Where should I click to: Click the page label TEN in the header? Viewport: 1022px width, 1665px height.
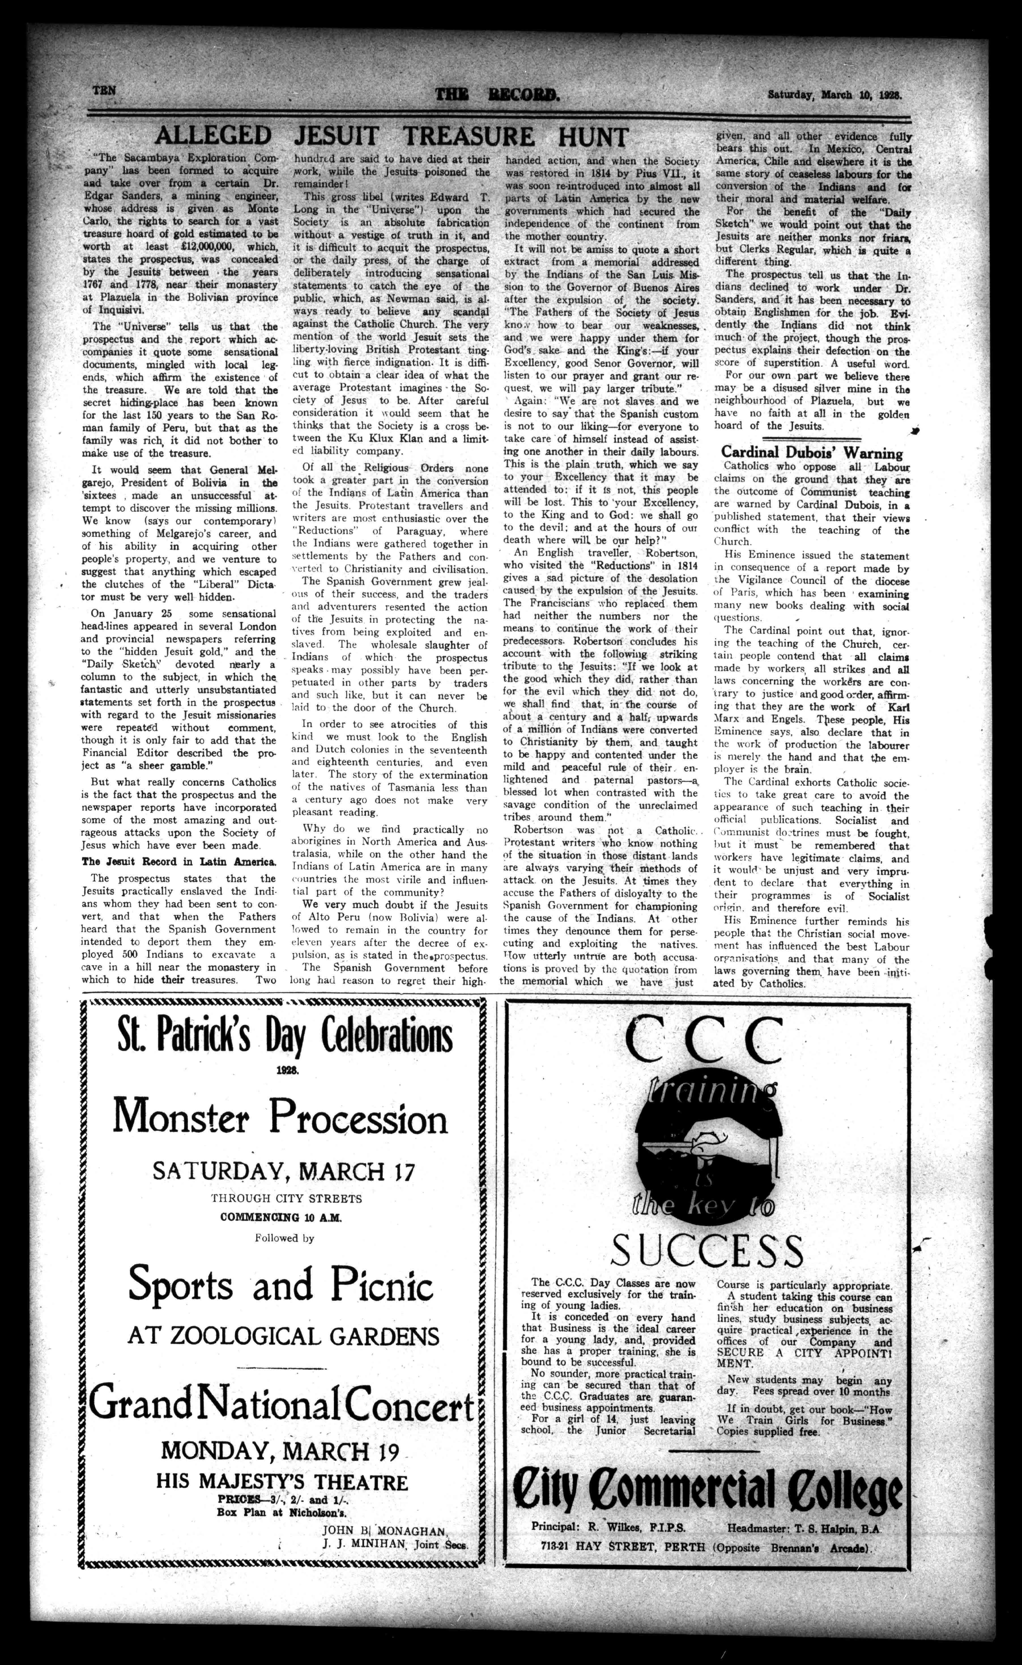coord(105,90)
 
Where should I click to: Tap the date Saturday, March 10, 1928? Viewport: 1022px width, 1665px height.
coord(835,95)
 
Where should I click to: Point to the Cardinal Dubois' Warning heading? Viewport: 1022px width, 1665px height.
coord(811,453)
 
